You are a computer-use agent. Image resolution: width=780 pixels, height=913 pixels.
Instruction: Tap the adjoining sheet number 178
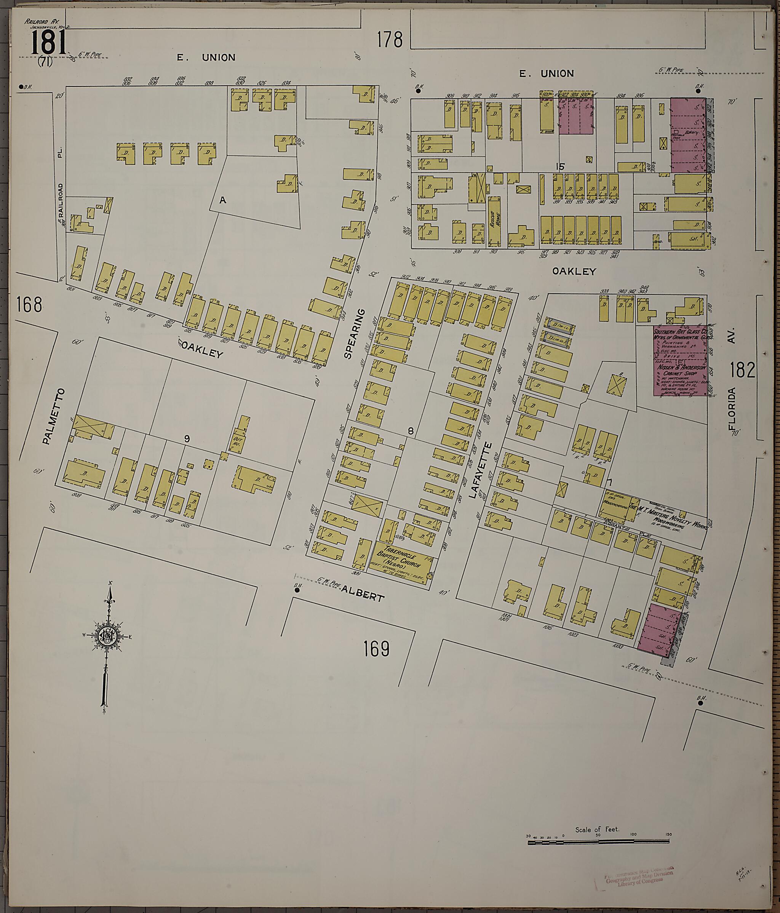390,40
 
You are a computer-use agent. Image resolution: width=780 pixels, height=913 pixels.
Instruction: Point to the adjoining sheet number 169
377,649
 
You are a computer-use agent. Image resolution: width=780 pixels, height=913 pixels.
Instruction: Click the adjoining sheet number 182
743,370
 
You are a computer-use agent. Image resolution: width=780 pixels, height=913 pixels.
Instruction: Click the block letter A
223,200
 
